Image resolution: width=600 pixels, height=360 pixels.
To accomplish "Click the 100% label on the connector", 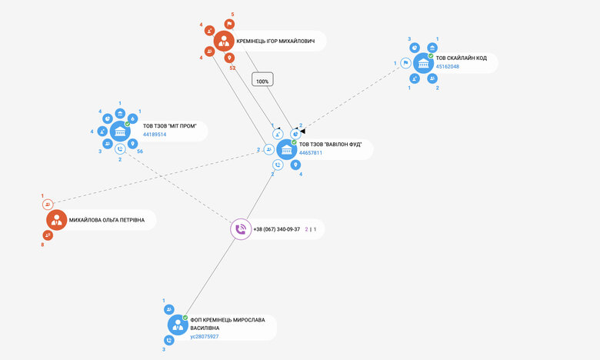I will (x=262, y=80).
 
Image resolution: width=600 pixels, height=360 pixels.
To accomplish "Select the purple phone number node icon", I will (x=241, y=229).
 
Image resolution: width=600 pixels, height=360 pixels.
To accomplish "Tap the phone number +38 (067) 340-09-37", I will (x=276, y=229).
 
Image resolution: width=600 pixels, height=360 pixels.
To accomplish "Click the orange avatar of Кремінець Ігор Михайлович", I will (x=224, y=41).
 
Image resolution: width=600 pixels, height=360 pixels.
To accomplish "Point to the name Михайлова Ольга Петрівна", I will (x=106, y=221).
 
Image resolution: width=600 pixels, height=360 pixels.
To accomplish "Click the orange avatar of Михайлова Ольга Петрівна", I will (x=56, y=221).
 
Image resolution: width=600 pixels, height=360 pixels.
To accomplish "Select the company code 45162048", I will (x=448, y=67).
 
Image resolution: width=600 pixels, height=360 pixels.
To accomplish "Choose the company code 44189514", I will (x=155, y=135).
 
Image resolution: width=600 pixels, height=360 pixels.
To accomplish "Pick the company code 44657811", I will (x=311, y=153).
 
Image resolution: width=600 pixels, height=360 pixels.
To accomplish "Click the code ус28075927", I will (x=204, y=336).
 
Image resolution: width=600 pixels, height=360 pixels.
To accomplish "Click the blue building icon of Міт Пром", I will (x=120, y=131).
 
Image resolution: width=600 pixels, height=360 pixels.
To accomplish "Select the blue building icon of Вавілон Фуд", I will (x=287, y=149).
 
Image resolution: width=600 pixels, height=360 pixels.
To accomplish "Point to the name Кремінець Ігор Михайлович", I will (x=275, y=41).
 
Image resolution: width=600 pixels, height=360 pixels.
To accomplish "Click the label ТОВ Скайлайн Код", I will (x=462, y=58).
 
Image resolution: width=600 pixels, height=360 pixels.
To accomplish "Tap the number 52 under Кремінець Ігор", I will (x=232, y=68).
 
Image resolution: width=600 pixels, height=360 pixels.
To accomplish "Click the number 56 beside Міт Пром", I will (x=140, y=152).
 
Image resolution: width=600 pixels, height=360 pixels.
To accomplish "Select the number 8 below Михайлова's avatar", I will (x=43, y=245).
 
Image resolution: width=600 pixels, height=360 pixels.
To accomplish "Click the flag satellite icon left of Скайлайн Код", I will (x=405, y=63).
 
